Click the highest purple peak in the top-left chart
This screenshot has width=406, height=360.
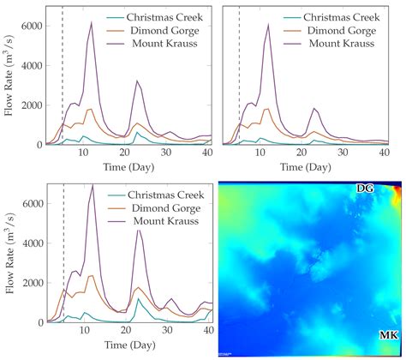coord(92,23)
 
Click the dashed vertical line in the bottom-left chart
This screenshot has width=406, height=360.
coord(63,257)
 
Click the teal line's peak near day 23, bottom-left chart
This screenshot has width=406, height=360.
coord(137,299)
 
